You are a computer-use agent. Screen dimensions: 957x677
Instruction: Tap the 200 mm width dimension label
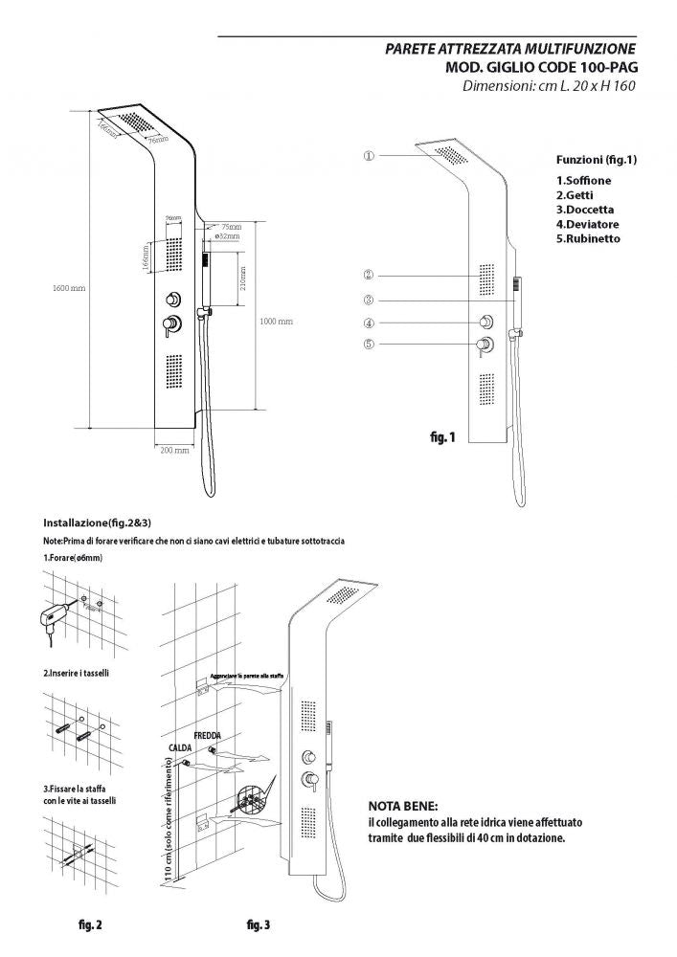[x=173, y=449]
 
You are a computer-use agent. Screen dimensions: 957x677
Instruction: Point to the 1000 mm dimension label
[x=275, y=322]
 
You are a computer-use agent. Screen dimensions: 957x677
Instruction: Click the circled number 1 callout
[x=369, y=155]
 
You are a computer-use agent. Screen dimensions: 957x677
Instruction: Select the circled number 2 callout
[x=369, y=274]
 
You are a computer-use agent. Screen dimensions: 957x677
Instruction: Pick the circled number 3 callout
[x=369, y=299]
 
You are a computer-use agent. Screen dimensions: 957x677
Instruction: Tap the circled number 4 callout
[x=369, y=323]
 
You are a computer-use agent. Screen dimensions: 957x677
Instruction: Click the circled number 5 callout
[x=369, y=345]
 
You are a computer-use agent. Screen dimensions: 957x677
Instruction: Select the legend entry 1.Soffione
[x=583, y=180]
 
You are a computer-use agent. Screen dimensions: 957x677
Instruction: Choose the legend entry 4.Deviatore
[x=588, y=223]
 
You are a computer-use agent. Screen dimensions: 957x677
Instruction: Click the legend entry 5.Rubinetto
[x=588, y=237]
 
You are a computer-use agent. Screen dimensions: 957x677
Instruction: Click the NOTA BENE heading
[x=403, y=806]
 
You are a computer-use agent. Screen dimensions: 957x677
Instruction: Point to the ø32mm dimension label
[x=227, y=235]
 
